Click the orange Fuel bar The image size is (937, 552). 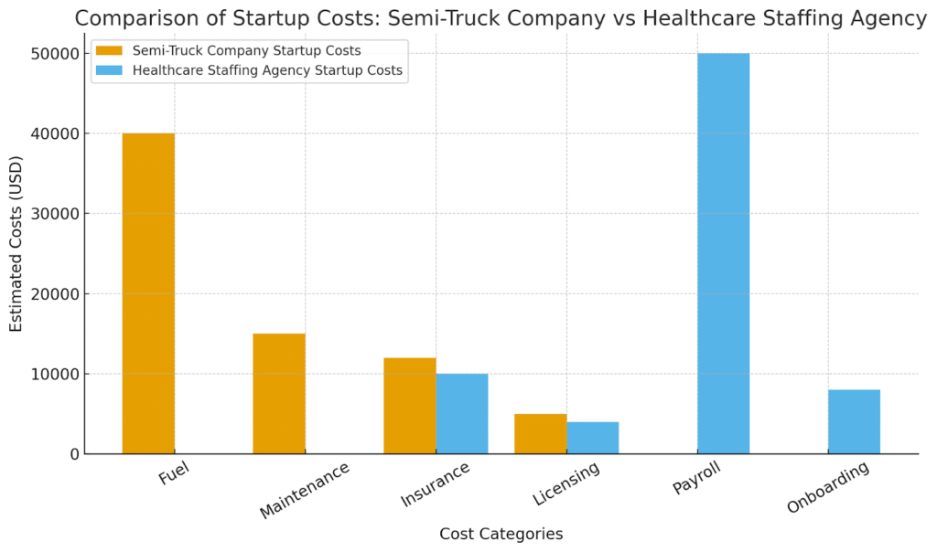click(148, 293)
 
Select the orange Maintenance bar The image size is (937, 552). click(279, 394)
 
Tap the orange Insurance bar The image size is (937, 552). click(410, 406)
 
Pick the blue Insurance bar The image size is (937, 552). click(462, 414)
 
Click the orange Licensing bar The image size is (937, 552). click(541, 434)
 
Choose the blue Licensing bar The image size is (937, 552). click(593, 438)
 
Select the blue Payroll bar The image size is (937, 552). click(724, 253)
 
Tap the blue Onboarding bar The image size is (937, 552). click(855, 422)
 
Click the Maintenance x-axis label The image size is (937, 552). click(305, 490)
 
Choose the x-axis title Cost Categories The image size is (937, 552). click(501, 534)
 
